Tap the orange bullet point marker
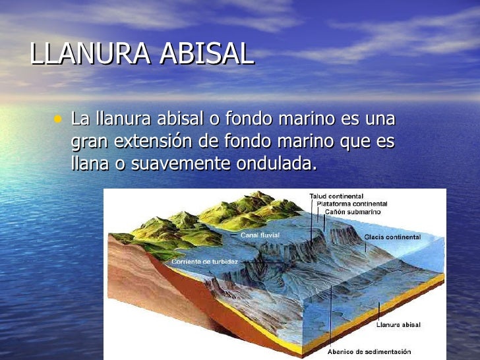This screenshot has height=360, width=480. tap(58, 119)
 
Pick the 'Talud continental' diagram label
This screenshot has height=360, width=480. tap(336, 196)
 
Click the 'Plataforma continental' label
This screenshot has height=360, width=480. tap(352, 204)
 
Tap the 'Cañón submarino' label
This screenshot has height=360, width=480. tap(351, 212)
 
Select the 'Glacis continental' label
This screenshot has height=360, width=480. tap(392, 236)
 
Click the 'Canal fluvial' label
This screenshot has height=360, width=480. tap(260, 234)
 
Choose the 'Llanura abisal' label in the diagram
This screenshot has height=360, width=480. tap(398, 325)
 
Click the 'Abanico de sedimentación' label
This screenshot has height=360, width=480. tap(369, 351)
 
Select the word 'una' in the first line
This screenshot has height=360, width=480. tap(379, 119)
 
